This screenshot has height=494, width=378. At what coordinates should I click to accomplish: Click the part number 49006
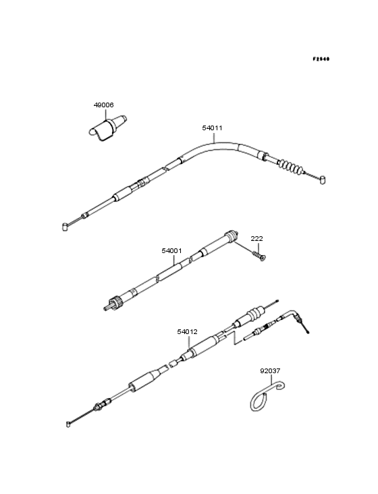(104, 105)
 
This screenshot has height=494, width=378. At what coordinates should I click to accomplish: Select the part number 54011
(212, 128)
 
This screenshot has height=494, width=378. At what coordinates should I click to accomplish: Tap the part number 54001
(171, 251)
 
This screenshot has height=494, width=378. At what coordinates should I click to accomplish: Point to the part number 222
(256, 238)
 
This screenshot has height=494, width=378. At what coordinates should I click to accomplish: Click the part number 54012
(187, 332)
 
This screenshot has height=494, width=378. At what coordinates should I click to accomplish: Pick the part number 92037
(270, 370)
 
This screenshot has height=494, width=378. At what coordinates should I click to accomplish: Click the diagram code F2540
(321, 59)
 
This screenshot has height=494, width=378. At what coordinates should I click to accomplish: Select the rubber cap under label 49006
(107, 128)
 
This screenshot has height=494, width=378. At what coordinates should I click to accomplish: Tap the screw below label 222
(259, 256)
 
